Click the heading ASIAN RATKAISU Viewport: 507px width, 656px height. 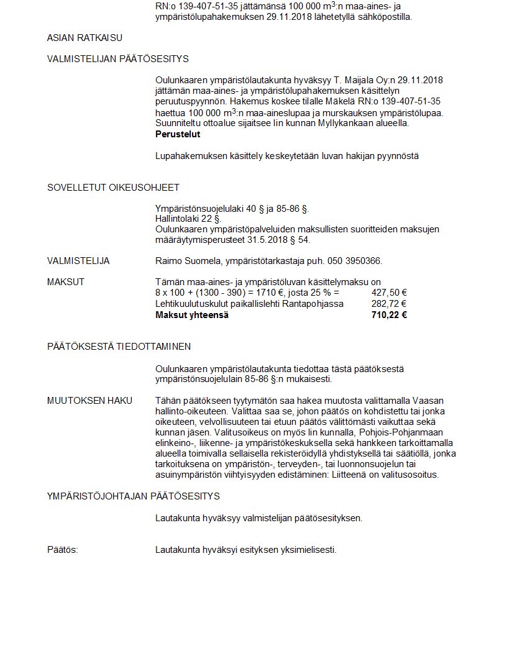tap(84, 38)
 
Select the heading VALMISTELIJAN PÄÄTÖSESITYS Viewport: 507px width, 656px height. tap(118, 59)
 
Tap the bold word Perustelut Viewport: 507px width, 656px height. tap(178, 134)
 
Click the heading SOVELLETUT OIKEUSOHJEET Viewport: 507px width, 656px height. tap(113, 188)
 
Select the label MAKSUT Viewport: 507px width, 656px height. tap(66, 282)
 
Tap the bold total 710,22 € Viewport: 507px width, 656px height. tap(389, 315)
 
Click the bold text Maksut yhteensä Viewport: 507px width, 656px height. tap(192, 315)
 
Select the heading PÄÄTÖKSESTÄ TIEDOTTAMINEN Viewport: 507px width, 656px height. tap(119, 347)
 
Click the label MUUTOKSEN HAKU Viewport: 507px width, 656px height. tap(90, 401)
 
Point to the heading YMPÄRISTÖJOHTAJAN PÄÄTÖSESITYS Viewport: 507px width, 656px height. tap(134, 496)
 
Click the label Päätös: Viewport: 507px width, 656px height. tap(63, 550)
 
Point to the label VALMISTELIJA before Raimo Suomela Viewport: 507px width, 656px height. tap(78, 261)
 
